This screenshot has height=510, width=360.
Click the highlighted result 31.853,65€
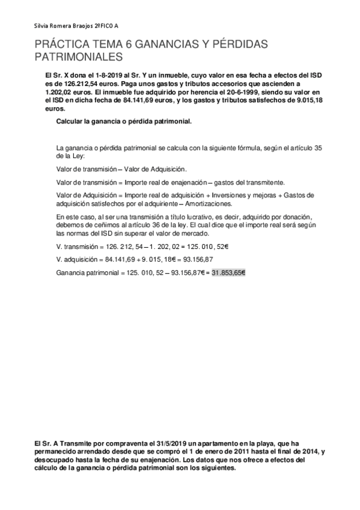(x=228, y=272)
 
